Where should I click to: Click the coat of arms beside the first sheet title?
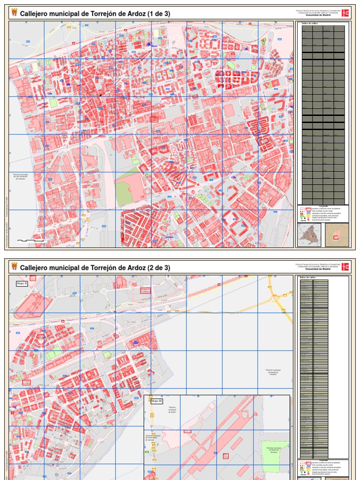click(x=14, y=14)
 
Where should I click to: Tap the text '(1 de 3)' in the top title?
click(x=159, y=14)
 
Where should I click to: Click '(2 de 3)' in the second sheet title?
click(x=159, y=268)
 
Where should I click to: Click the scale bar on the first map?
click(x=32, y=240)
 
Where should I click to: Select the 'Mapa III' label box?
click(x=155, y=401)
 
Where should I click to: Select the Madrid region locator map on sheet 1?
click(x=309, y=234)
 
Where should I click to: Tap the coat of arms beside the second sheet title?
click(x=14, y=268)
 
